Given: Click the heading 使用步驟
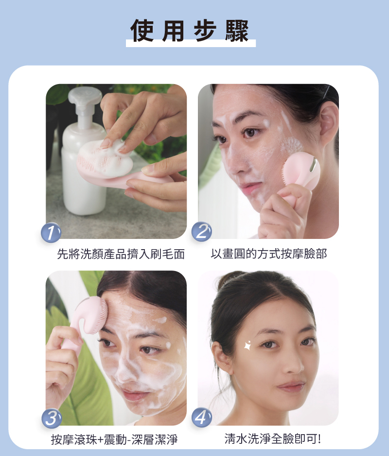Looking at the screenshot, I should [190, 31].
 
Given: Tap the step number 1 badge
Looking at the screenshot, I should [51, 232].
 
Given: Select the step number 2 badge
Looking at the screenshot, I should [202, 231].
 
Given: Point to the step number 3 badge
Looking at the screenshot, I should [51, 418].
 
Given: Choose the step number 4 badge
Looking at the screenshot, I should [202, 418].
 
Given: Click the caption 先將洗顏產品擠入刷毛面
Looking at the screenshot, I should [121, 254].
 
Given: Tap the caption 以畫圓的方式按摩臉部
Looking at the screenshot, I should [269, 254].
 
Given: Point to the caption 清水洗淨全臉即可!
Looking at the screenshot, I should [272, 439].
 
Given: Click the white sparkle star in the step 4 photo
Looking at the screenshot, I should [248, 345].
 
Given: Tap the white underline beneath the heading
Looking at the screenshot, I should [191, 44].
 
